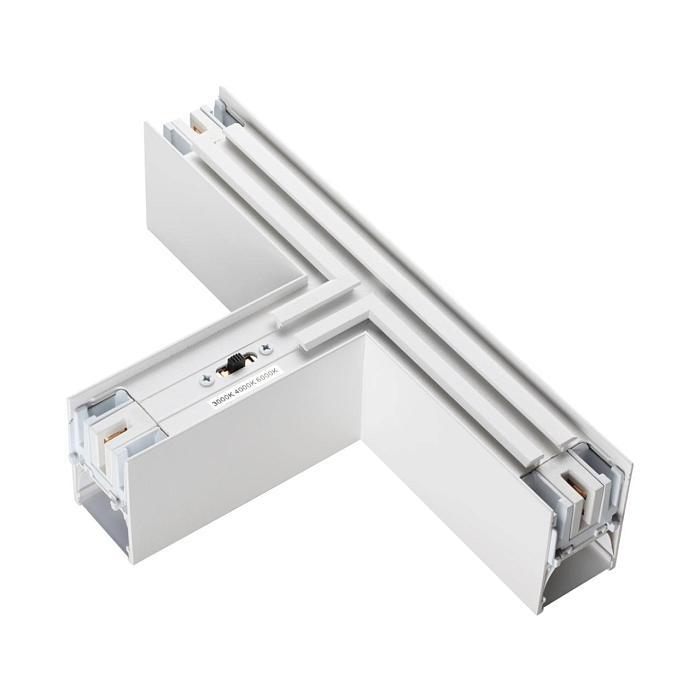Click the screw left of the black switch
207,378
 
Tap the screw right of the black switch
266,350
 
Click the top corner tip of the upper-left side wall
146,124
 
